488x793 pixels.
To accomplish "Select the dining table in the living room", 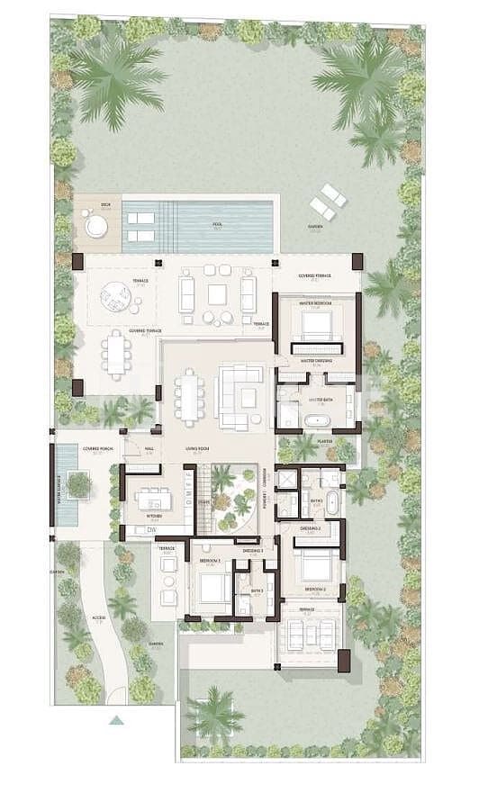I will (x=189, y=397).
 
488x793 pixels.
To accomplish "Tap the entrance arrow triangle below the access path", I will (x=115, y=719).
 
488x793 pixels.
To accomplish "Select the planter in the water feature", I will (x=79, y=484).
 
